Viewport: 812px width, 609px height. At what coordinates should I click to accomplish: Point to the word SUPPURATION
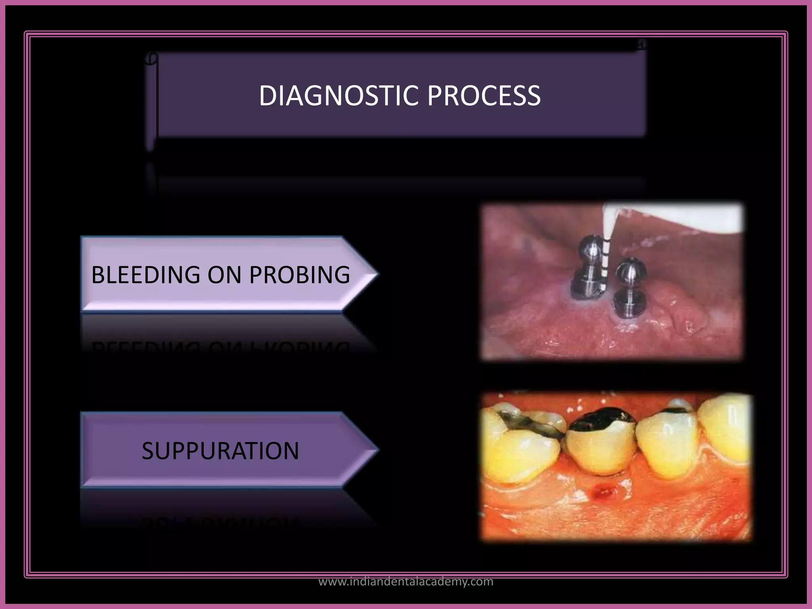click(220, 451)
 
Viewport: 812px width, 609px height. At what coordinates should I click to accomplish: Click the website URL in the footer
click(406, 582)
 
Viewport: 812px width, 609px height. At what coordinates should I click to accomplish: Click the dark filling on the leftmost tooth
click(527, 424)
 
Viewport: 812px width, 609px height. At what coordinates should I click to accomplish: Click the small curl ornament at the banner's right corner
click(641, 44)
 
